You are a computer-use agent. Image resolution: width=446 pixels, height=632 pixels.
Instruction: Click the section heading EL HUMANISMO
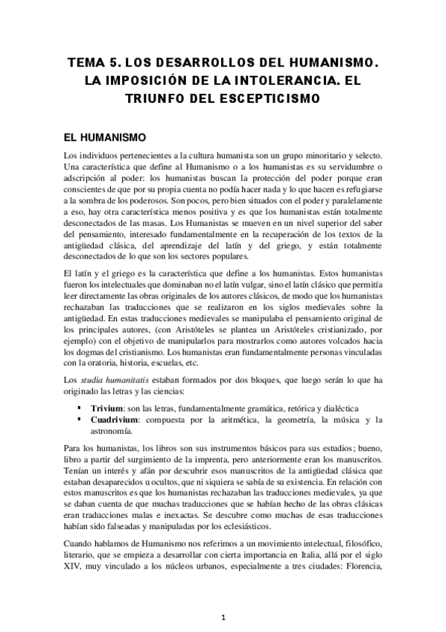(x=108, y=138)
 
